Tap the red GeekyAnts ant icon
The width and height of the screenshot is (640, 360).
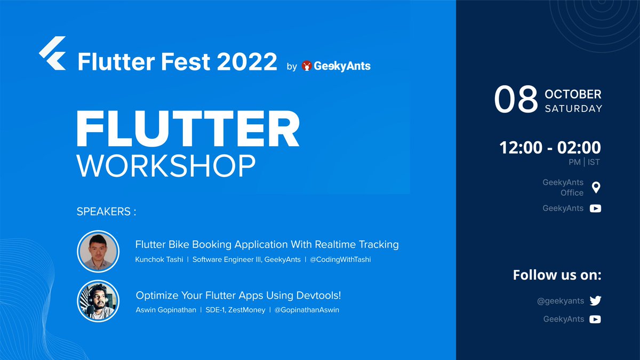tap(307, 66)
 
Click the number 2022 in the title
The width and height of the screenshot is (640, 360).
tap(247, 62)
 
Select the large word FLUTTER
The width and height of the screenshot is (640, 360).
tap(188, 130)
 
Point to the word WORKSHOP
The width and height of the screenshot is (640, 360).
tap(166, 166)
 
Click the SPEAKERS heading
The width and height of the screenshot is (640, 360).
tap(106, 212)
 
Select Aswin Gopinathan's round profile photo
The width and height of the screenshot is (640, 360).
tap(98, 301)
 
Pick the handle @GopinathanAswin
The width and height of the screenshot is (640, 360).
tap(307, 310)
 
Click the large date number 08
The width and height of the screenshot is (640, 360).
tap(515, 100)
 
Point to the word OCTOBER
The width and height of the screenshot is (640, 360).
tap(573, 94)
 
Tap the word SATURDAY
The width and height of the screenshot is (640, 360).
tap(573, 109)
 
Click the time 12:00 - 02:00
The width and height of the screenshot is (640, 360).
tap(550, 147)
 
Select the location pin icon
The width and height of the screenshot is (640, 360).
tap(596, 187)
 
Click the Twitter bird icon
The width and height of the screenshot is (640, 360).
tap(595, 301)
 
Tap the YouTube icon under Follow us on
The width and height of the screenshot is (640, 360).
tap(595, 319)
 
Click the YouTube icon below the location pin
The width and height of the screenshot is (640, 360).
tap(595, 209)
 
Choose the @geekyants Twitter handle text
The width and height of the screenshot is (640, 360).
tap(561, 301)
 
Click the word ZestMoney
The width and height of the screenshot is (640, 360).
tap(247, 310)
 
